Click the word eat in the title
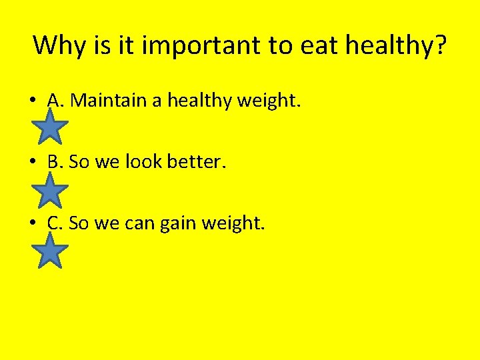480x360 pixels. [x=317, y=45]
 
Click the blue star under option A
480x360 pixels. [x=51, y=127]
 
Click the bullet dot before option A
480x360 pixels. [x=33, y=101]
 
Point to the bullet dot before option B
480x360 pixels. [x=33, y=163]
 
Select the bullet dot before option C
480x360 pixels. [x=33, y=224]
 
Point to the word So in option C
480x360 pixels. [x=78, y=223]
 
